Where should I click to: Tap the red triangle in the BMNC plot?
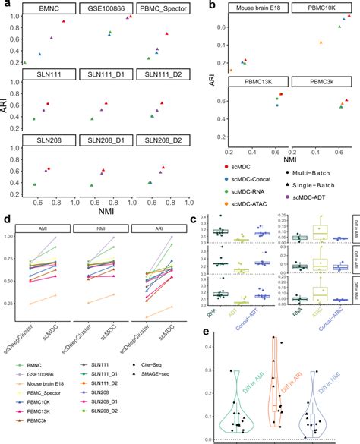coord(63,22)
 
